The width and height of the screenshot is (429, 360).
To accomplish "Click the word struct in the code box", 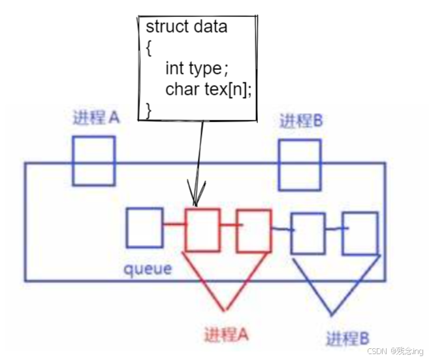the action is [168, 27].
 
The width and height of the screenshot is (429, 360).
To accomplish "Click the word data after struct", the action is [210, 27].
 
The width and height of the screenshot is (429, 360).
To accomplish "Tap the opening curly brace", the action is [149, 48].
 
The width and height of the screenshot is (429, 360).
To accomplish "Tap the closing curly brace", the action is [149, 110].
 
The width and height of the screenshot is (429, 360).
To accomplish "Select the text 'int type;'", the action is [197, 69].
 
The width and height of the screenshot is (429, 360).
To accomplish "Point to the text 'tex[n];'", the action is [228, 90].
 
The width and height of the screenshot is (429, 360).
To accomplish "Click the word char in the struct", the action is [182, 89].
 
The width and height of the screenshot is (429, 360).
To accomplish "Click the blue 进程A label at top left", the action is [96, 118].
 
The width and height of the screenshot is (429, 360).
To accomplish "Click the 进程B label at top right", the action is [301, 120].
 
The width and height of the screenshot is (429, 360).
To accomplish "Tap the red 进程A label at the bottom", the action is [227, 334].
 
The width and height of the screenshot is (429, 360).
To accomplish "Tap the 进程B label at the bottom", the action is [348, 338].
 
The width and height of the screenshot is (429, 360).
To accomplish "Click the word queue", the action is [148, 269].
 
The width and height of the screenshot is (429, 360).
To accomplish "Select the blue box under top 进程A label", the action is [94, 161].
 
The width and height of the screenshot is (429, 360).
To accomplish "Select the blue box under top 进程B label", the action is [300, 165].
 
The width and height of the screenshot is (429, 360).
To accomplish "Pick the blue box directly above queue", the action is [145, 228].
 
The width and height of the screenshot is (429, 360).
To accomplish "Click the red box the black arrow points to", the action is [202, 230].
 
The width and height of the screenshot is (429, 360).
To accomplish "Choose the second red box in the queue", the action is [254, 231].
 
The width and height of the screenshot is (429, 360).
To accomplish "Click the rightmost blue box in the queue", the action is [360, 233].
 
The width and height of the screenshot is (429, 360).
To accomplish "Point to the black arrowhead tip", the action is [195, 206].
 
